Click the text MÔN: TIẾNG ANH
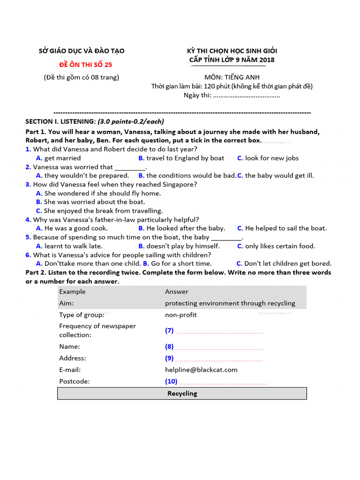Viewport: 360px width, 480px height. click(x=232, y=77)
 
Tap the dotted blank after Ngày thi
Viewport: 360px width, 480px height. click(x=247, y=96)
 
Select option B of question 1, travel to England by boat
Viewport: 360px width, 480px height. click(x=181, y=158)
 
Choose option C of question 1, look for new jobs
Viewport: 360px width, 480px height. click(x=268, y=158)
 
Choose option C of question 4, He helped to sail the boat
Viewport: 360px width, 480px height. click(x=282, y=228)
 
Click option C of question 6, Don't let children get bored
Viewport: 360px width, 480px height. click(x=284, y=263)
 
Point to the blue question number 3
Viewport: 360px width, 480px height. click(x=28, y=184)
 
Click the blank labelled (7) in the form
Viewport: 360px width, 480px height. click(x=218, y=331)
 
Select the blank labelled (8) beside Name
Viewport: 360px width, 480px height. click(x=218, y=347)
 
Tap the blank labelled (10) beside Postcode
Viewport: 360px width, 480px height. click(x=220, y=382)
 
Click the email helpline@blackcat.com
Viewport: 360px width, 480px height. click(x=201, y=369)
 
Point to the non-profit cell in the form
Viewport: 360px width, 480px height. click(x=181, y=315)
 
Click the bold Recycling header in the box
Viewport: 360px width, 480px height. click(x=182, y=393)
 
